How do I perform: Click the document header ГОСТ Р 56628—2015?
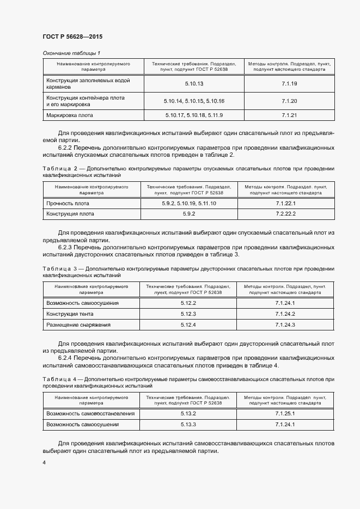[x=72, y=37]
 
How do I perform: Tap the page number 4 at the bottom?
[x=44, y=462]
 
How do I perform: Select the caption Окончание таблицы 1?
[x=71, y=53]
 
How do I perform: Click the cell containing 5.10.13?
[x=194, y=83]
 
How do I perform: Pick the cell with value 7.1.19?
[x=289, y=83]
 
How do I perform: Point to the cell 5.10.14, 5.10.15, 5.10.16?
[x=194, y=101]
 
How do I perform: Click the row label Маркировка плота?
[x=70, y=115]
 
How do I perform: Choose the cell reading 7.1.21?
[x=289, y=115]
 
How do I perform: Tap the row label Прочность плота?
[x=68, y=203]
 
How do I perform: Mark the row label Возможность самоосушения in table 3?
[x=83, y=303]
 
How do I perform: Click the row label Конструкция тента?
[x=70, y=314]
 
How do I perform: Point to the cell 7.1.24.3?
[x=285, y=325]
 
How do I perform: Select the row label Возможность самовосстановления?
[x=90, y=413]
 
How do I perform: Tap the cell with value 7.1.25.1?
[x=285, y=413]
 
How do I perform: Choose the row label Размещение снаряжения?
[x=78, y=325]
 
